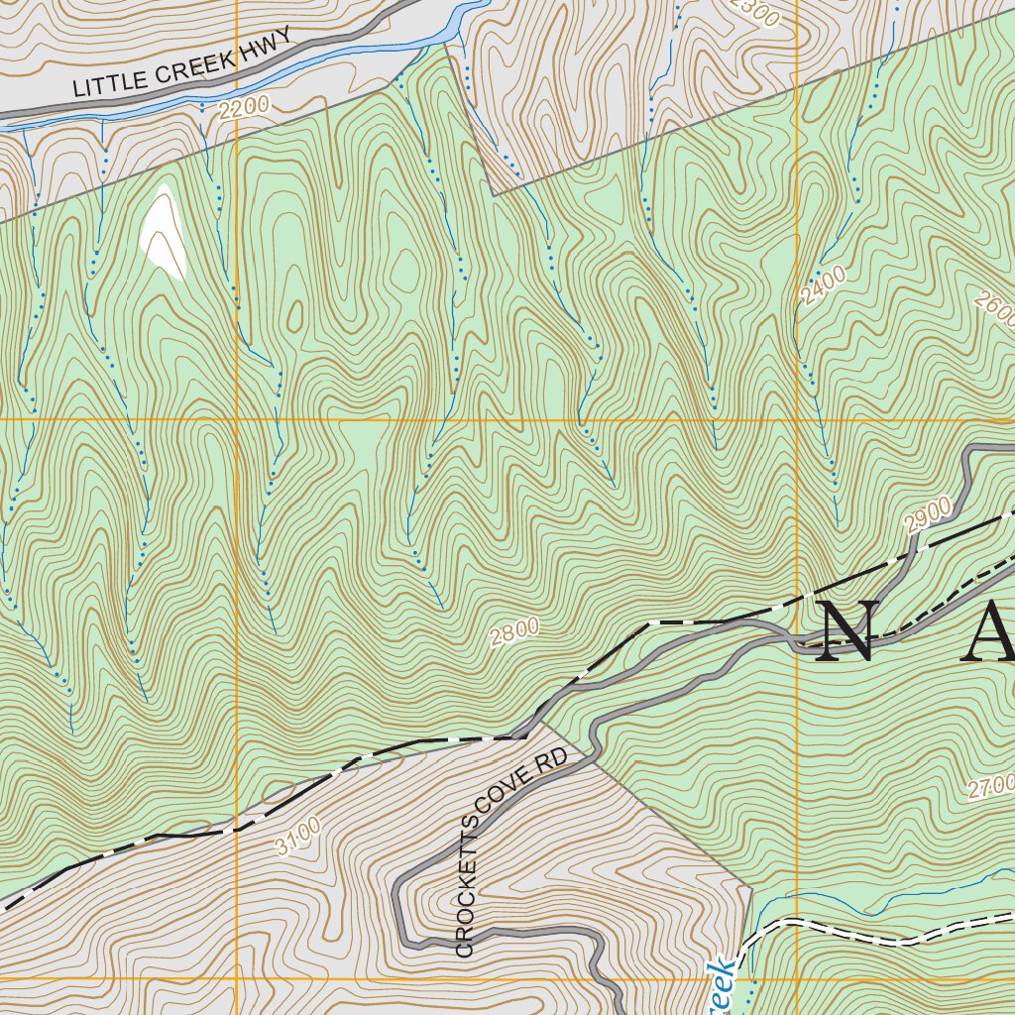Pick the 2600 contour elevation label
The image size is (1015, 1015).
(x=995, y=309)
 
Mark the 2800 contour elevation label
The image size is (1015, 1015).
(x=514, y=631)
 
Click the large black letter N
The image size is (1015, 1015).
(x=846, y=631)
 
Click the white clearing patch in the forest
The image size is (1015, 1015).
(x=164, y=232)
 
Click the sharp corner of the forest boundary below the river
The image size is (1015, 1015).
(x=493, y=194)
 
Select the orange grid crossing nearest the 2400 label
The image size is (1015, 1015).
(x=797, y=419)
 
